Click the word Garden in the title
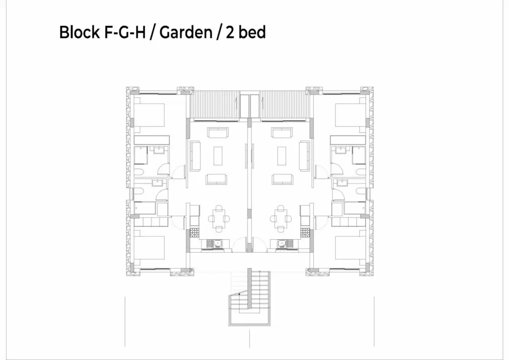coord(186,32)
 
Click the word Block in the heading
coord(79,32)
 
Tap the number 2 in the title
coord(230,33)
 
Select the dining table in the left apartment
coord(219,218)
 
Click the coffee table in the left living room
coord(218,156)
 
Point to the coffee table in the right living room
coord(281,156)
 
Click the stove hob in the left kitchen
coord(194,232)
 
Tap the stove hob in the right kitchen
coord(305,232)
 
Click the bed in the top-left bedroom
coord(149,115)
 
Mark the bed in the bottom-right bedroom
coord(350,247)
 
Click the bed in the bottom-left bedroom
coord(149,247)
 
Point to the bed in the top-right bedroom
coord(350,115)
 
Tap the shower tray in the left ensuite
coord(141,155)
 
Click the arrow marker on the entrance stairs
coord(240,294)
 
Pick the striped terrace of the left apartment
coord(215,104)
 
